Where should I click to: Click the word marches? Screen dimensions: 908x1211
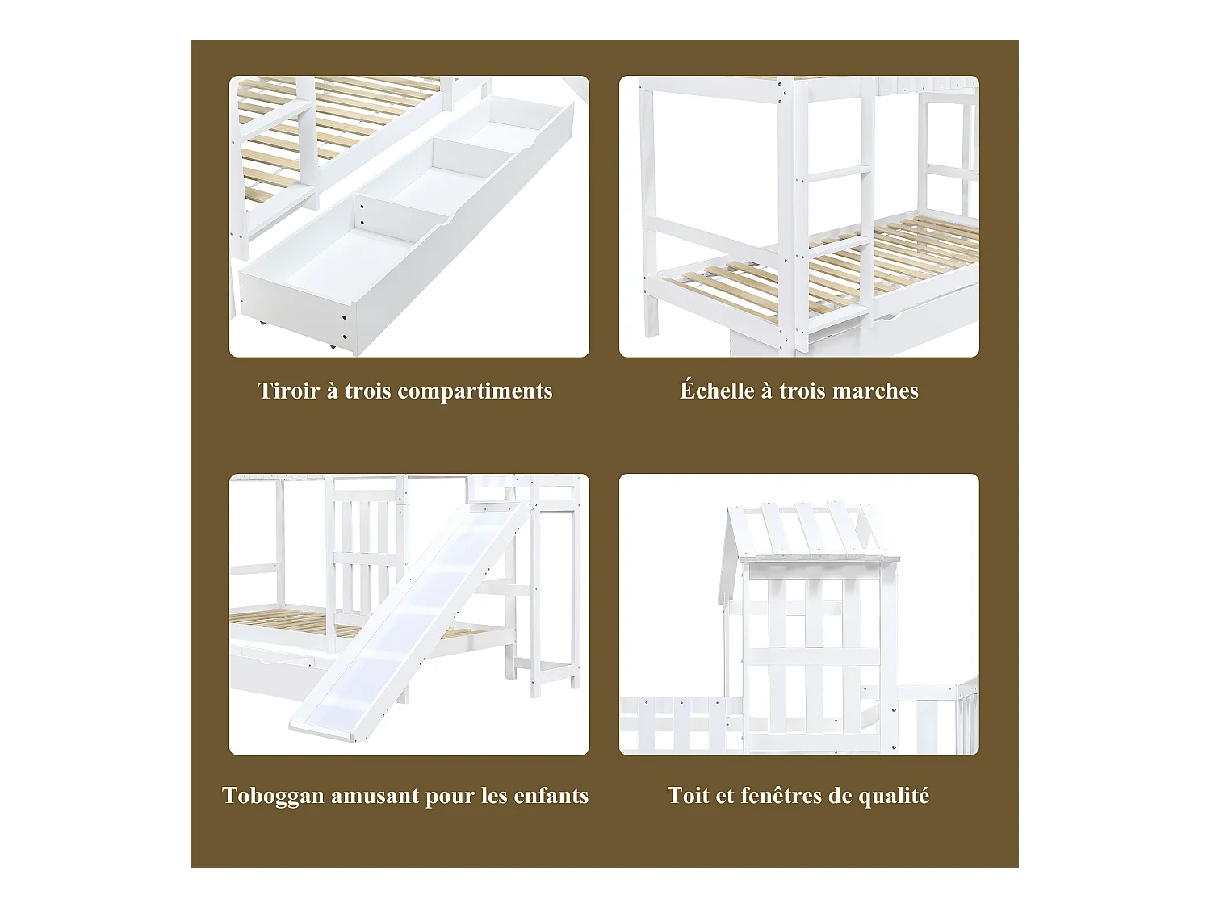(875, 391)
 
